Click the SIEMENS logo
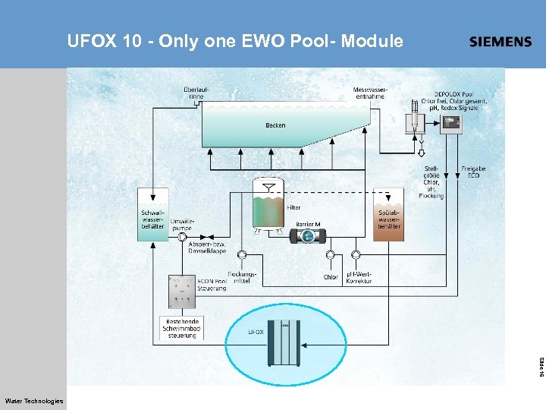tap(500, 42)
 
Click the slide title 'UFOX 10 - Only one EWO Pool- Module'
tap(235, 41)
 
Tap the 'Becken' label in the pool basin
tap(275, 125)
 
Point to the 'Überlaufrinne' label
tap(196, 93)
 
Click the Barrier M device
tap(308, 236)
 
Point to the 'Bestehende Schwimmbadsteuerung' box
tap(182, 328)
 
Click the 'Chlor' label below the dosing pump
tap(331, 277)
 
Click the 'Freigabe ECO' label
tap(473, 172)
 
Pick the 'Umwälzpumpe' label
tap(182, 224)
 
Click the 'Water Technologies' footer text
tap(34, 401)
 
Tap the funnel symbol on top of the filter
tap(266, 186)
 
